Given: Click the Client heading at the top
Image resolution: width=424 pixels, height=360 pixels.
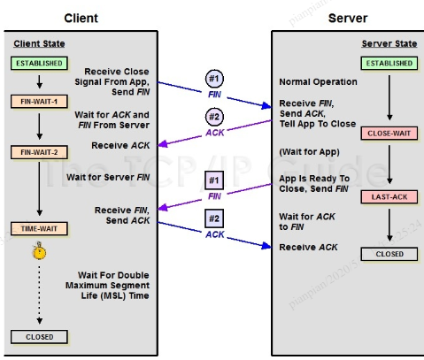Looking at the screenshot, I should point(81,17).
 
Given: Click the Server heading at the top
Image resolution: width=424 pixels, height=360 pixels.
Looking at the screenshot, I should point(346,17).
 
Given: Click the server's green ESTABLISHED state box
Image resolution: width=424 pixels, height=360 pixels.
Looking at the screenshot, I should point(389,64).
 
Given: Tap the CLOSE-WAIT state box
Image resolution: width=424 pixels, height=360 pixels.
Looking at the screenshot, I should point(389,134).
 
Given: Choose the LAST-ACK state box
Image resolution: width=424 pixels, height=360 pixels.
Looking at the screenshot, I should point(389,196).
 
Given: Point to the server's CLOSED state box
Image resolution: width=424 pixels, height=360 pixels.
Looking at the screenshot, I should point(389,254).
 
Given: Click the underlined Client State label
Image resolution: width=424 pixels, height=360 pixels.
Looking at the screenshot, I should point(39,45).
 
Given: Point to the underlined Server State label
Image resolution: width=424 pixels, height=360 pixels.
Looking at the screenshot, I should point(389,45).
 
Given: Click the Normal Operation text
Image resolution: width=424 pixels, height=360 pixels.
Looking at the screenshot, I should point(318,81).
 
